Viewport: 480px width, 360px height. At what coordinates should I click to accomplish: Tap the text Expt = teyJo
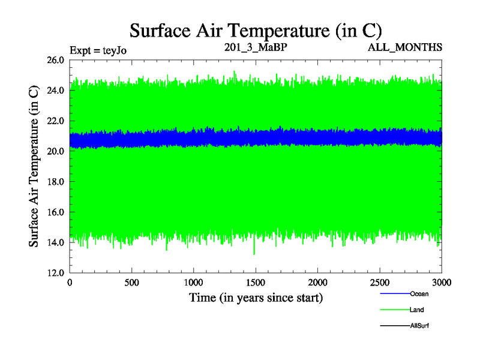pyautogui.click(x=98, y=50)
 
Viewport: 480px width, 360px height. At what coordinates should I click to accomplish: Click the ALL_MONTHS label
pyautogui.click(x=406, y=47)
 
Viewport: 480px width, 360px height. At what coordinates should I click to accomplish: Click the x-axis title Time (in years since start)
pyautogui.click(x=256, y=298)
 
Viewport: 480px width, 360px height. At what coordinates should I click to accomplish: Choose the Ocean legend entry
pyautogui.click(x=419, y=294)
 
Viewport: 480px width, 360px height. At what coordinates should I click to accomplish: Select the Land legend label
pyautogui.click(x=417, y=310)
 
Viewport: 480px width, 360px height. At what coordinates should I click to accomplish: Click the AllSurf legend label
pyautogui.click(x=419, y=325)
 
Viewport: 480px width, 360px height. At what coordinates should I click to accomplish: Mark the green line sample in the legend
pyautogui.click(x=394, y=310)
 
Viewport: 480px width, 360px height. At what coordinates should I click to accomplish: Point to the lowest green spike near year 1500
pyautogui.click(x=254, y=254)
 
